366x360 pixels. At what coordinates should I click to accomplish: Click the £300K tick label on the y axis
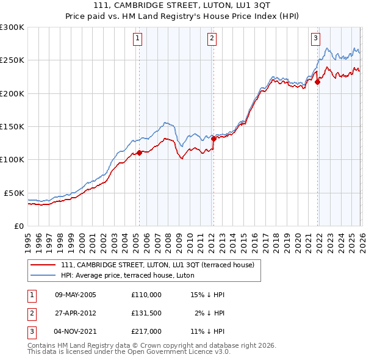click(12, 27)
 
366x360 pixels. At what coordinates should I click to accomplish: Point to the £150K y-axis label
click(12, 126)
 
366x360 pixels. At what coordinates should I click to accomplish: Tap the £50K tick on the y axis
click(14, 193)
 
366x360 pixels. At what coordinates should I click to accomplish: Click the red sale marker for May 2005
click(139, 153)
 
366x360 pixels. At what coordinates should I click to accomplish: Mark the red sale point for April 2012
click(213, 139)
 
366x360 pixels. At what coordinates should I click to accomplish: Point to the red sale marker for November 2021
click(318, 82)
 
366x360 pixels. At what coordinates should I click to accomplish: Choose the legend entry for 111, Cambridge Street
click(161, 265)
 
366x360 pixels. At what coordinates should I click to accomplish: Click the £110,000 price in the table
click(146, 295)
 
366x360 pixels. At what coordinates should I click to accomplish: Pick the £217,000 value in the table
click(146, 331)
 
